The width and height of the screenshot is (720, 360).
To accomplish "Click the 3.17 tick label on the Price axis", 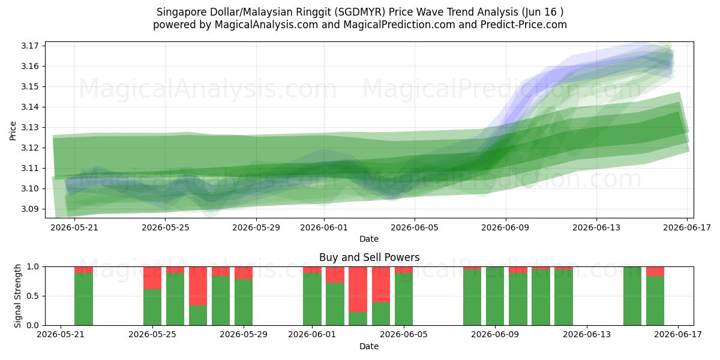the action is pos(30,46).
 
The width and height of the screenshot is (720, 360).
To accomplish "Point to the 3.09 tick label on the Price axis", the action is pos(30,209).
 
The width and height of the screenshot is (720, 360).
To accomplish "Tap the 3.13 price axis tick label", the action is pos(30,128).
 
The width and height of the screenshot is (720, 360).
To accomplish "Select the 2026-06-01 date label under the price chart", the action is pos(324,227).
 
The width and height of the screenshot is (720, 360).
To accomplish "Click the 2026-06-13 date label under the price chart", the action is pos(596,227).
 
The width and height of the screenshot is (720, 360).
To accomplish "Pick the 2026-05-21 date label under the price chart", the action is pos(74,227).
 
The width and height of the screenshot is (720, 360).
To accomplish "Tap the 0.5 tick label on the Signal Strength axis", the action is pos(33,296).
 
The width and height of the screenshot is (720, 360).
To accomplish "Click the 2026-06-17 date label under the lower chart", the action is pos(678,335).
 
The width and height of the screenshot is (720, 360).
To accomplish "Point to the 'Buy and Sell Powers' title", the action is pos(370,257).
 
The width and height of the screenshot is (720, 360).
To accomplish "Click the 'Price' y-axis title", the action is pos(13,131).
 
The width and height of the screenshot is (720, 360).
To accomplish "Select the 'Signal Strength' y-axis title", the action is pos(17,296).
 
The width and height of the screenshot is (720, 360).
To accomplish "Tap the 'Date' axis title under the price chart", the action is pos(369,239).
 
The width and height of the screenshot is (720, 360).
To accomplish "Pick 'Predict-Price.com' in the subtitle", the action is pos(524,25).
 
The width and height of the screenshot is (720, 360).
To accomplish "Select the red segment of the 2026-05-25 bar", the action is pos(152,278).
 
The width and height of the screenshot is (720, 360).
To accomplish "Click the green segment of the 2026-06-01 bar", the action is pos(312,299).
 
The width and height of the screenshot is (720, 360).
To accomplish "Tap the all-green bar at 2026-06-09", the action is pos(495,296).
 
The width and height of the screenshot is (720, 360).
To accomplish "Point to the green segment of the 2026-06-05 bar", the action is pos(404,299).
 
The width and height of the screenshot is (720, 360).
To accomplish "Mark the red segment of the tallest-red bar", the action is pos(358,289).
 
